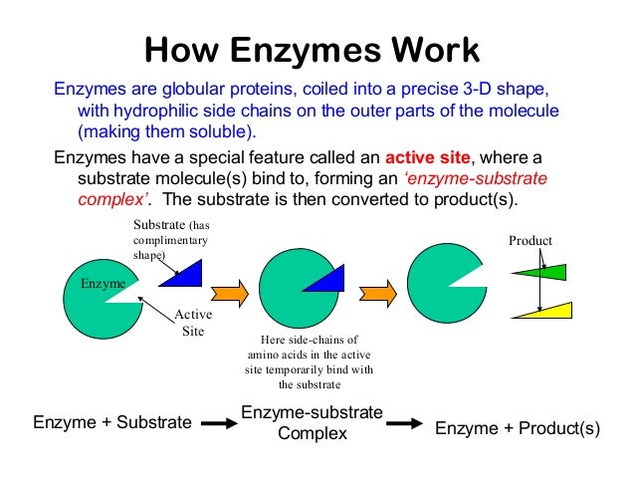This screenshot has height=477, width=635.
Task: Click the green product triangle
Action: click(x=542, y=272)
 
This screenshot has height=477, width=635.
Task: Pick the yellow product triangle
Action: click(x=545, y=310)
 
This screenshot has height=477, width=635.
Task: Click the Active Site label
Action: click(x=189, y=323)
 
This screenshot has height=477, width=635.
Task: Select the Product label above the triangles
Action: click(x=529, y=241)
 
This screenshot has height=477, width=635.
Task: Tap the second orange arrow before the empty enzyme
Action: click(x=377, y=292)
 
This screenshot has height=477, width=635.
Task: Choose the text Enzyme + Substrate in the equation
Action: click(x=112, y=423)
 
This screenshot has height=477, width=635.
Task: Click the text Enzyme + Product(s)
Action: click(x=518, y=427)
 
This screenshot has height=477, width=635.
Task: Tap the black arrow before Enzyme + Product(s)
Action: click(x=406, y=424)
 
